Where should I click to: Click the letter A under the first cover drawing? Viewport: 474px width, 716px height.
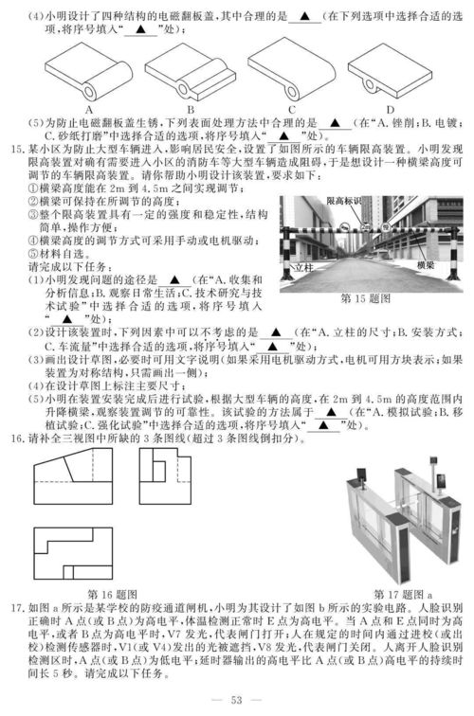click(x=87, y=109)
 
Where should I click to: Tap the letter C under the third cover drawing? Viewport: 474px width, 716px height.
click(x=293, y=109)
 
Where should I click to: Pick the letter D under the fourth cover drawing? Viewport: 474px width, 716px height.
click(x=391, y=109)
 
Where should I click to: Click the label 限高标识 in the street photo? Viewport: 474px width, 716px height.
click(x=346, y=202)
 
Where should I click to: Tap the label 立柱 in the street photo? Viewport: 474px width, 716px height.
click(x=304, y=269)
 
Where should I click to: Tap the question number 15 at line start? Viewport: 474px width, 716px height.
click(x=11, y=148)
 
